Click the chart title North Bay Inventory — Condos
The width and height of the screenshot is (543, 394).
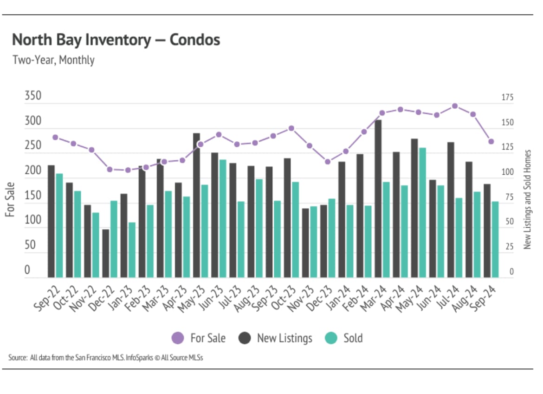pos(116,40)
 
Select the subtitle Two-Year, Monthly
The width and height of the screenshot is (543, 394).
pos(53,60)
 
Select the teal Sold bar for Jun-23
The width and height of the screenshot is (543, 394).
pos(223,218)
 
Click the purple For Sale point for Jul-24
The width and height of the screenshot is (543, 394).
pos(455,106)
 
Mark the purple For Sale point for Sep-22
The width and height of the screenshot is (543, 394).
pos(55,137)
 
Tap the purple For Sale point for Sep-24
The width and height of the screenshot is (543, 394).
pos(491,141)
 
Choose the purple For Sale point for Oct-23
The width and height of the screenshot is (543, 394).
pos(291,128)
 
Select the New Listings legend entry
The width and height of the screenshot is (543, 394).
pos(276,338)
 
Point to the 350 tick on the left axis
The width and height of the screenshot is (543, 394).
pos(33,96)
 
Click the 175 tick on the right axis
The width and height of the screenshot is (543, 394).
pos(508,98)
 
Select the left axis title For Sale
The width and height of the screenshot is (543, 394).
pos(10,199)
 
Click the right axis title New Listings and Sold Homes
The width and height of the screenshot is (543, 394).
pos(527,199)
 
